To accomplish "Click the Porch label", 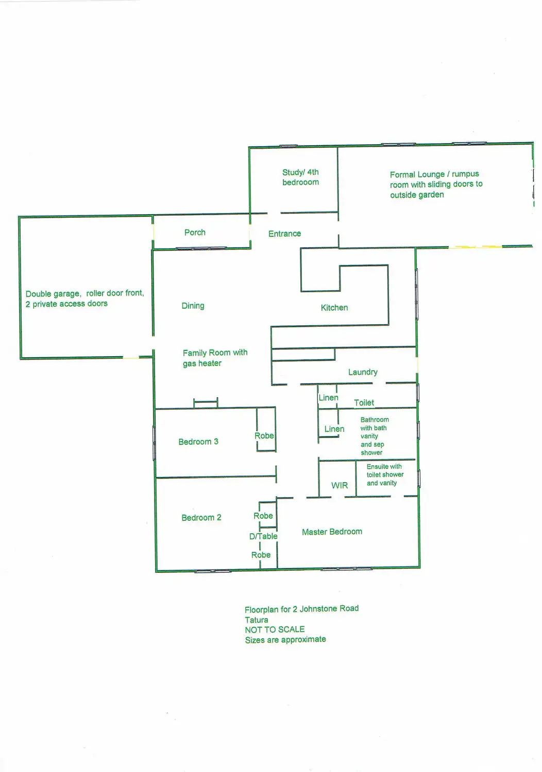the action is coord(195,233).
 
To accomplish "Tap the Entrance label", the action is coord(284,234).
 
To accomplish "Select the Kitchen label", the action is coord(334,308).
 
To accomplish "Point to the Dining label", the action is coord(193,306).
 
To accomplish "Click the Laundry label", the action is coord(363,372).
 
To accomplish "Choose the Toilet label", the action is coord(364,403).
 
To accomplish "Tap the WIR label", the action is coord(340,485).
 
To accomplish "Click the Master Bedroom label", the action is coord(332,532).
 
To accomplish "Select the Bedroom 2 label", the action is coord(201,518).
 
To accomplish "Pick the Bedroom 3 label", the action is coord(198,442).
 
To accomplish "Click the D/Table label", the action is coord(263,536).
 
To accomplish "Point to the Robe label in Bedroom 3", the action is coord(264,436).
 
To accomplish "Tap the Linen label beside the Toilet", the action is coord(328,398).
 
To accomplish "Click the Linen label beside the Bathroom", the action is coord(334,429).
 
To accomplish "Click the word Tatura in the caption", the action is coord(256,620).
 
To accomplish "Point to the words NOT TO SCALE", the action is coord(275,629).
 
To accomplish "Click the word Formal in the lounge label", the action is coord(402,174).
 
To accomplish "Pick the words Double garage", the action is coord(53,294).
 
